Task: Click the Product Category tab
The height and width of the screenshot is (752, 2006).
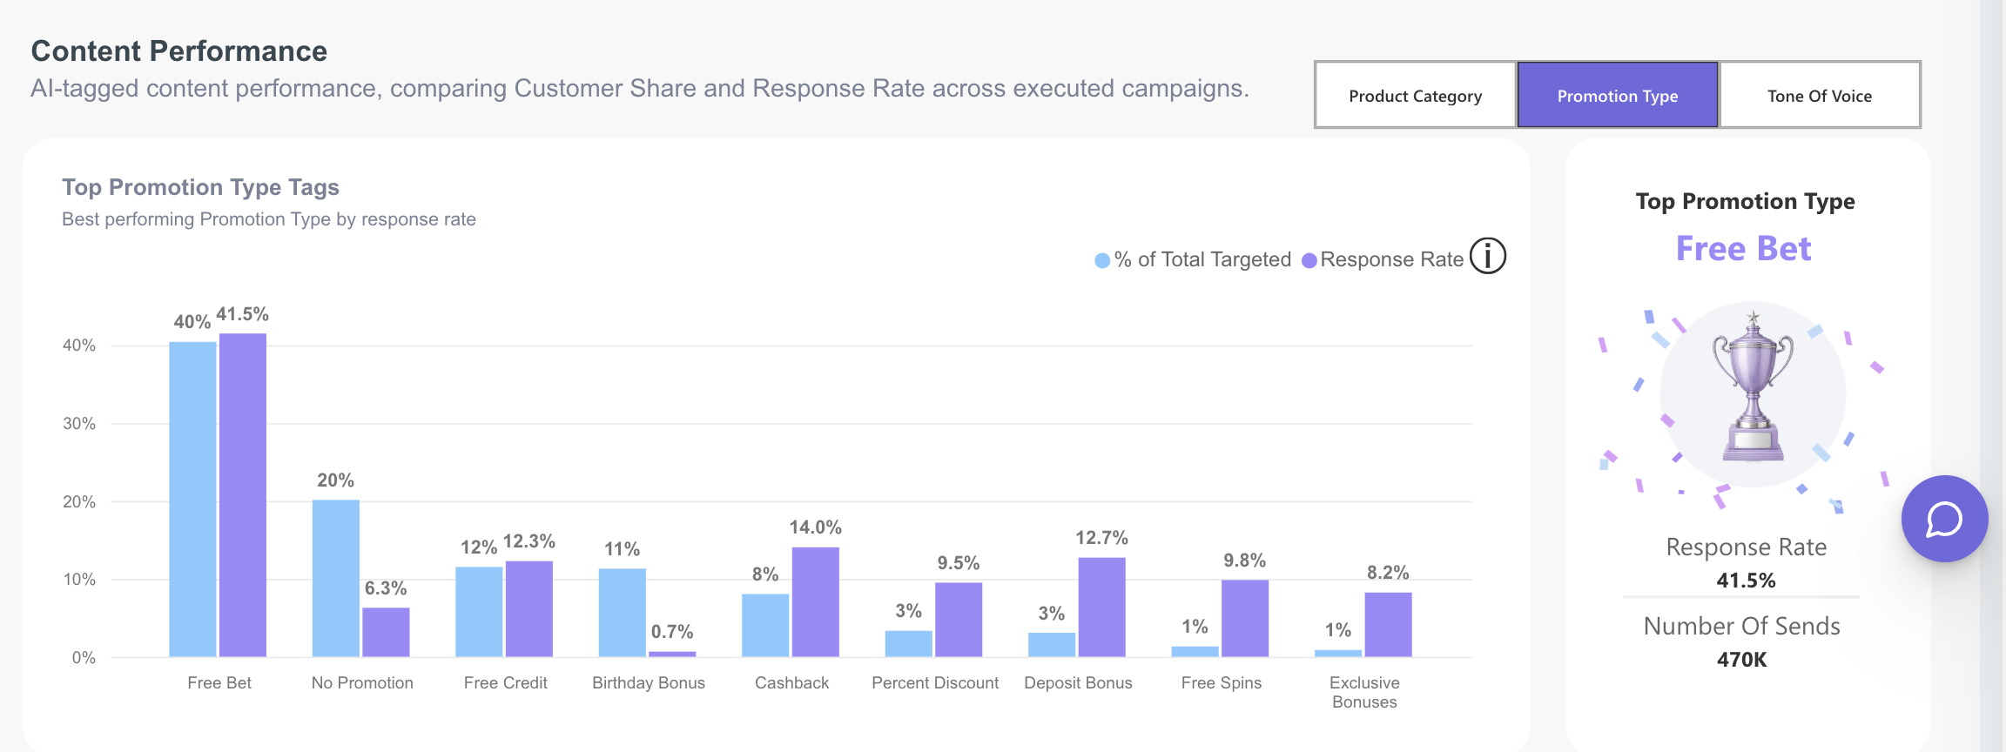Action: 1415,95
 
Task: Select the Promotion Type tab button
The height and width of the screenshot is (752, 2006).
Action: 1618,95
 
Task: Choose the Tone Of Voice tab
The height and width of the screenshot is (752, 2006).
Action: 1820,95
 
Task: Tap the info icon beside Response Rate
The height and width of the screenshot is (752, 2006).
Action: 1488,257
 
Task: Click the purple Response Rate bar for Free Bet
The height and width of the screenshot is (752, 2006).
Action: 243,494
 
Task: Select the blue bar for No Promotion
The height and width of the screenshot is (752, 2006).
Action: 336,578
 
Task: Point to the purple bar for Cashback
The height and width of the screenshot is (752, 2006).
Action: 816,601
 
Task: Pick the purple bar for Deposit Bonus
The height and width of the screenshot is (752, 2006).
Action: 1102,607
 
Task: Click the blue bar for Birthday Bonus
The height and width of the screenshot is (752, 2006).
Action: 623,613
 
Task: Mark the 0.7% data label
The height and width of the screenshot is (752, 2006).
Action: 672,632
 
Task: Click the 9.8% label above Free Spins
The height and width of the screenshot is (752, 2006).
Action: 1245,561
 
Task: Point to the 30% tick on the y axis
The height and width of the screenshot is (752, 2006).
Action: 79,424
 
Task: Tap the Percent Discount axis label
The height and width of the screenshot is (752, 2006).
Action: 935,683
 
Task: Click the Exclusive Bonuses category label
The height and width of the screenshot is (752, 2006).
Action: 1364,693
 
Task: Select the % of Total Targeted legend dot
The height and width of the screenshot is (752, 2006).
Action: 1102,260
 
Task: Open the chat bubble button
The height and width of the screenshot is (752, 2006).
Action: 1944,519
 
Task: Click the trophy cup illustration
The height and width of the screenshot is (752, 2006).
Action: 1753,387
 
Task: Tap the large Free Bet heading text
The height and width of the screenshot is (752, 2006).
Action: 1744,249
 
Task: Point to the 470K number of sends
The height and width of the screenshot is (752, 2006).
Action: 1742,660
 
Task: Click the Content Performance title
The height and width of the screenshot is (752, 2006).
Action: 179,51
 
